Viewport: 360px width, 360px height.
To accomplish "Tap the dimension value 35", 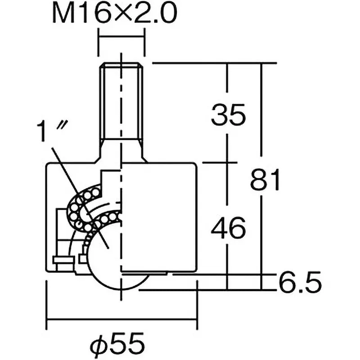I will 229,115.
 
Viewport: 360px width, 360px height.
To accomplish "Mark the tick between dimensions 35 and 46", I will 228,162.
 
